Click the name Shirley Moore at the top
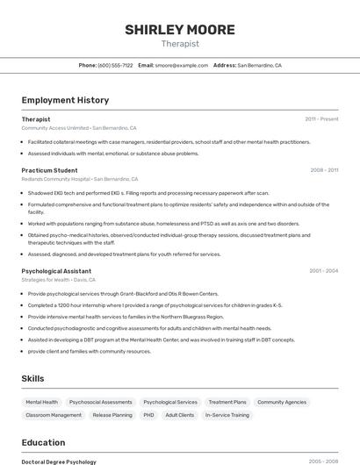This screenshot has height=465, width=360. (x=180, y=30)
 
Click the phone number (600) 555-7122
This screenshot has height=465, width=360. (x=115, y=65)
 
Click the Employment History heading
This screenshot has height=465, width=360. (x=65, y=100)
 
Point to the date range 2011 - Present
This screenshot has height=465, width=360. (x=321, y=118)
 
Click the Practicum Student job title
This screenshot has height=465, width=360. (x=49, y=170)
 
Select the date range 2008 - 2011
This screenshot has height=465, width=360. (x=324, y=170)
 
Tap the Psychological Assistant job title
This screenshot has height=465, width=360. (x=56, y=271)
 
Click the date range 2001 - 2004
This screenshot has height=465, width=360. (x=324, y=271)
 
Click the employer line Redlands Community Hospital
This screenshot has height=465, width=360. (x=55, y=179)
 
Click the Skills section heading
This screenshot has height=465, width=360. (x=33, y=378)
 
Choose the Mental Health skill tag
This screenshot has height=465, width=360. (x=42, y=402)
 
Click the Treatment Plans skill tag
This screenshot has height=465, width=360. (x=227, y=402)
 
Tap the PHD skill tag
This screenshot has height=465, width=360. (x=148, y=415)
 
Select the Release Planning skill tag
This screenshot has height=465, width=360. (x=112, y=415)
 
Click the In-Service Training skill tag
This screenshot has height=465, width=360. (x=227, y=415)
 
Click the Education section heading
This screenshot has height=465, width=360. (x=43, y=442)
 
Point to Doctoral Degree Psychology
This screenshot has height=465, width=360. (x=59, y=461)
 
